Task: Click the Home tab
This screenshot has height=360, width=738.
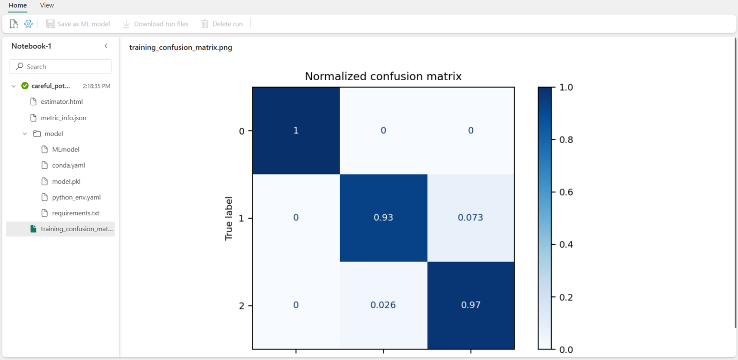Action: pyautogui.click(x=18, y=5)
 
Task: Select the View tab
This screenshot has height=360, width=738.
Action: pyautogui.click(x=47, y=5)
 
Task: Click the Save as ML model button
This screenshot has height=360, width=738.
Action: pyautogui.click(x=78, y=24)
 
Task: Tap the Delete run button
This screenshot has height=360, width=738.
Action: pyautogui.click(x=221, y=24)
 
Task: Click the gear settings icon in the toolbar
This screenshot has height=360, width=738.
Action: pyautogui.click(x=28, y=24)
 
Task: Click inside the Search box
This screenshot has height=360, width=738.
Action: pyautogui.click(x=61, y=67)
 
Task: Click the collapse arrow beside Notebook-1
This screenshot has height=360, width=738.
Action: pyautogui.click(x=106, y=46)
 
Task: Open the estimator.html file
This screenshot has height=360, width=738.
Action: pyautogui.click(x=62, y=102)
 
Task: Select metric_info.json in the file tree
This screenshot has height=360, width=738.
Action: pyautogui.click(x=63, y=118)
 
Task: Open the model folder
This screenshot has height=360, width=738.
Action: pyautogui.click(x=53, y=134)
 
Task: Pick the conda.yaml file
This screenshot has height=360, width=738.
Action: pyautogui.click(x=68, y=165)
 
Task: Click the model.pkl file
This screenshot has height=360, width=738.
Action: pyautogui.click(x=66, y=181)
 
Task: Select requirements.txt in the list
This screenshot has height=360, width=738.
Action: pyautogui.click(x=75, y=213)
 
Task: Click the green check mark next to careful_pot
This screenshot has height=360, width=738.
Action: pyautogui.click(x=25, y=86)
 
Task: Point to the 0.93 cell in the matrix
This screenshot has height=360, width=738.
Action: pyautogui.click(x=383, y=218)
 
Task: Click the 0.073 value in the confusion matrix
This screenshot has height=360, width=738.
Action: pyautogui.click(x=470, y=218)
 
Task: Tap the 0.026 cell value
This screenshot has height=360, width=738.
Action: pyautogui.click(x=383, y=305)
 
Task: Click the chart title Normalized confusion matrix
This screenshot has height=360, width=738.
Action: pyautogui.click(x=383, y=76)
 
